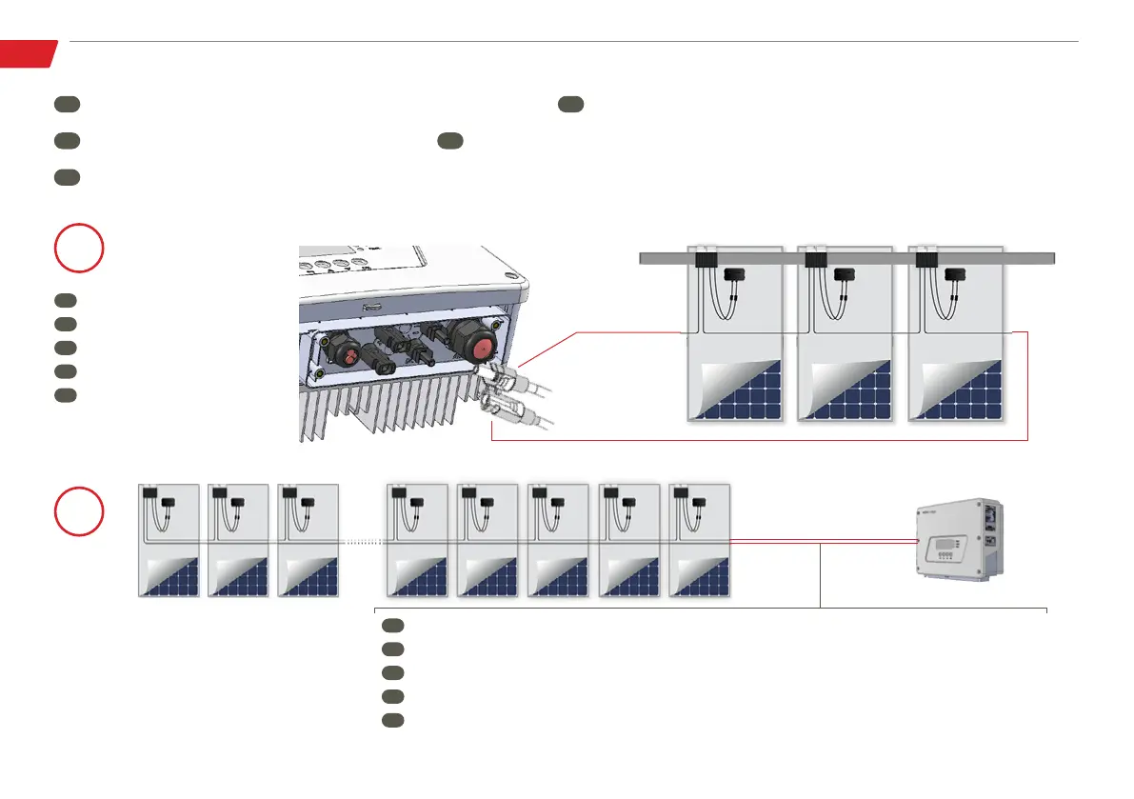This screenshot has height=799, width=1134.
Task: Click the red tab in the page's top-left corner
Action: click(x=27, y=53)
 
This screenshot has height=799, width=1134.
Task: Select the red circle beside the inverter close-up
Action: click(x=79, y=248)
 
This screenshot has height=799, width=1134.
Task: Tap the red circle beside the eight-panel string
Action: click(x=79, y=511)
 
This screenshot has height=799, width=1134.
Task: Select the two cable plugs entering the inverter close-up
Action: click(x=509, y=390)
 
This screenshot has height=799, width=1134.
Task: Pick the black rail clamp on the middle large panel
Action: click(x=815, y=258)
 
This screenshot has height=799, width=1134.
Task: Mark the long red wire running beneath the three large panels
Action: click(x=762, y=441)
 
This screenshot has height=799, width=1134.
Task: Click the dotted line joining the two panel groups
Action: click(x=362, y=541)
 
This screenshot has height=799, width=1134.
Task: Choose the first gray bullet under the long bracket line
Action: click(x=392, y=626)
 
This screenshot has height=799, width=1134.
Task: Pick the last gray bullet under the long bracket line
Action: click(x=392, y=720)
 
